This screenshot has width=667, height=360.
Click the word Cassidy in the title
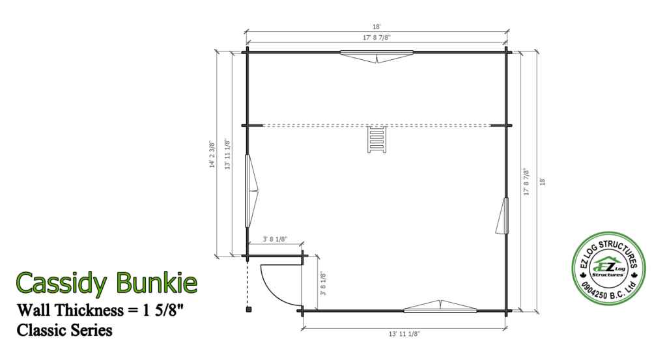[62, 282]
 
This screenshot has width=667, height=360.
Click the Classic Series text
[65, 330]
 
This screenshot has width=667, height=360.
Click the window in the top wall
[377, 56]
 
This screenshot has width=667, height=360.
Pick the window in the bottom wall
[441, 307]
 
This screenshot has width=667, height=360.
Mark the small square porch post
[248, 311]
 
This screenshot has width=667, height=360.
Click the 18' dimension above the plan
[376, 27]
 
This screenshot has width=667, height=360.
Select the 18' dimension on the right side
[542, 181]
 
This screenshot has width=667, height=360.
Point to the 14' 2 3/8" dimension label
[211, 154]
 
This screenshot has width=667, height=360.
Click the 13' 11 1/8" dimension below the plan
[404, 333]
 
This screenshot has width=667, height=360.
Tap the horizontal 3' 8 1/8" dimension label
[276, 239]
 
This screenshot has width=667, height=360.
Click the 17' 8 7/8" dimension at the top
[376, 38]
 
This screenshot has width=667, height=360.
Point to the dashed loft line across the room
[313, 125]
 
